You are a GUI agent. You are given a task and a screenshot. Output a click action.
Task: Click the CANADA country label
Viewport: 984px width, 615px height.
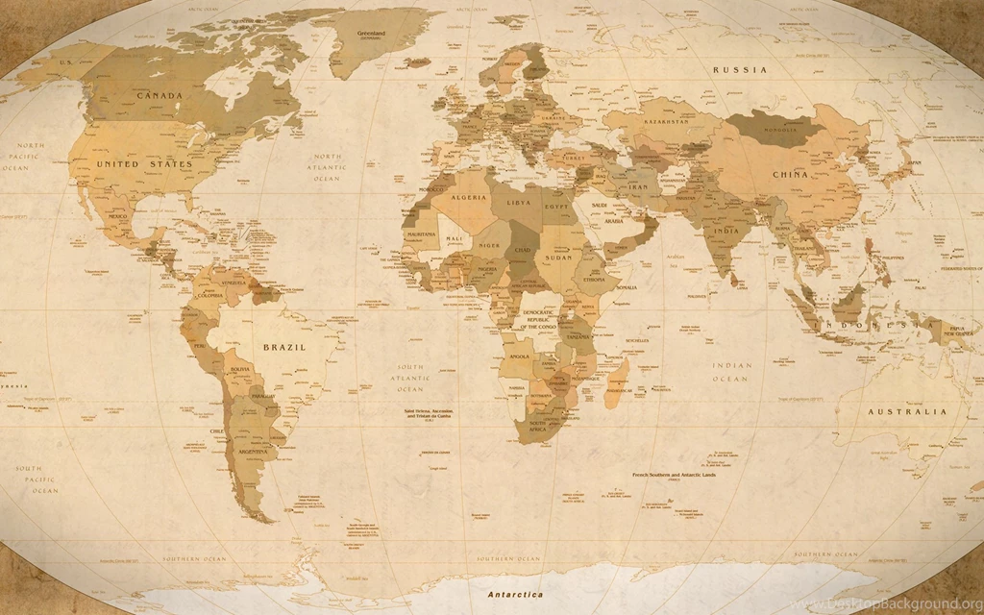point(160,96)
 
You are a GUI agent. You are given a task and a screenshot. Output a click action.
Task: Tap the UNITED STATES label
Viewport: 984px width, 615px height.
point(144,164)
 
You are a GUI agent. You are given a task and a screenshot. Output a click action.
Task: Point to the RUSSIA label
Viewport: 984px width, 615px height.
point(740,70)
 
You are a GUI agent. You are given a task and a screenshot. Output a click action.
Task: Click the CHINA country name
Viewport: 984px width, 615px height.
point(790,175)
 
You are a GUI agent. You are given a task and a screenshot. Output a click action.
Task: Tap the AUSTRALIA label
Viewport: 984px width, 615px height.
point(907,411)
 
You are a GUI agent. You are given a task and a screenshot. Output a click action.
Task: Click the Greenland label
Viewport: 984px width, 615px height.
point(371,34)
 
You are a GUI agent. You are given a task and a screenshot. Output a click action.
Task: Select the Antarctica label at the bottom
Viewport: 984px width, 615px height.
point(515,595)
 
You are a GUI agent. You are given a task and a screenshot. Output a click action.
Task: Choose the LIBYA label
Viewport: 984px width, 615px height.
point(518,203)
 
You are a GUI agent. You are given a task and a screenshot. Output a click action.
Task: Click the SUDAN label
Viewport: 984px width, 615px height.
point(557,258)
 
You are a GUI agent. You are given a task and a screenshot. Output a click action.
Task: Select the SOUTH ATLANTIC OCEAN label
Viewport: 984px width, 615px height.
point(411,378)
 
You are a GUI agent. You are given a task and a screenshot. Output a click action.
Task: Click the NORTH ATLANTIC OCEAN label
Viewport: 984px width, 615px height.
point(326,167)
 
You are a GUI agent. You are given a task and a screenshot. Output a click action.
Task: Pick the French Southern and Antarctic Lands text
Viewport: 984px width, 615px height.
point(674,476)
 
